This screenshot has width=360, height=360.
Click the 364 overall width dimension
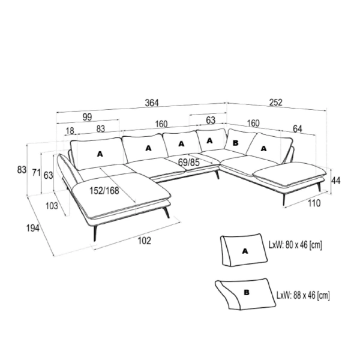point(152,103)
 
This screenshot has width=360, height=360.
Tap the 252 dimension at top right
point(275,103)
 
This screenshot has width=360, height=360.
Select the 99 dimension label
point(87,117)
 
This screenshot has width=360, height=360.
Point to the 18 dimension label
point(70,131)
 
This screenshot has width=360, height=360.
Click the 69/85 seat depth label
point(189,163)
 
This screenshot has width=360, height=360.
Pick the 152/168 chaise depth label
point(104,191)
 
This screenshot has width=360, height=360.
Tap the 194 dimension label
point(33,228)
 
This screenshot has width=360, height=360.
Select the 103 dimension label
point(52,206)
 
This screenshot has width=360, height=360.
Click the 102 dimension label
point(145,241)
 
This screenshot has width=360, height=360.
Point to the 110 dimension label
point(314,203)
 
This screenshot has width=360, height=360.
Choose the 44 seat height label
point(335,181)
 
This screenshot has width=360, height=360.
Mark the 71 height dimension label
point(36,172)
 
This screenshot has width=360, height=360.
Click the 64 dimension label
point(298,129)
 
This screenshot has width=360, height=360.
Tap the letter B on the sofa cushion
point(236,143)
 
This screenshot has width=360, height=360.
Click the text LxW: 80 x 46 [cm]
point(295,245)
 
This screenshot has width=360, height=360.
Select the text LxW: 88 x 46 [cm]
point(303,295)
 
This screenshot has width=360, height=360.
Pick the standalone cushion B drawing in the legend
point(245,294)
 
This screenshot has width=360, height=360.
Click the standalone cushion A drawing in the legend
point(244,250)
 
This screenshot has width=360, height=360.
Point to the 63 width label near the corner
point(211,121)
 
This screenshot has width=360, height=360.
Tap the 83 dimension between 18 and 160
point(101,129)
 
